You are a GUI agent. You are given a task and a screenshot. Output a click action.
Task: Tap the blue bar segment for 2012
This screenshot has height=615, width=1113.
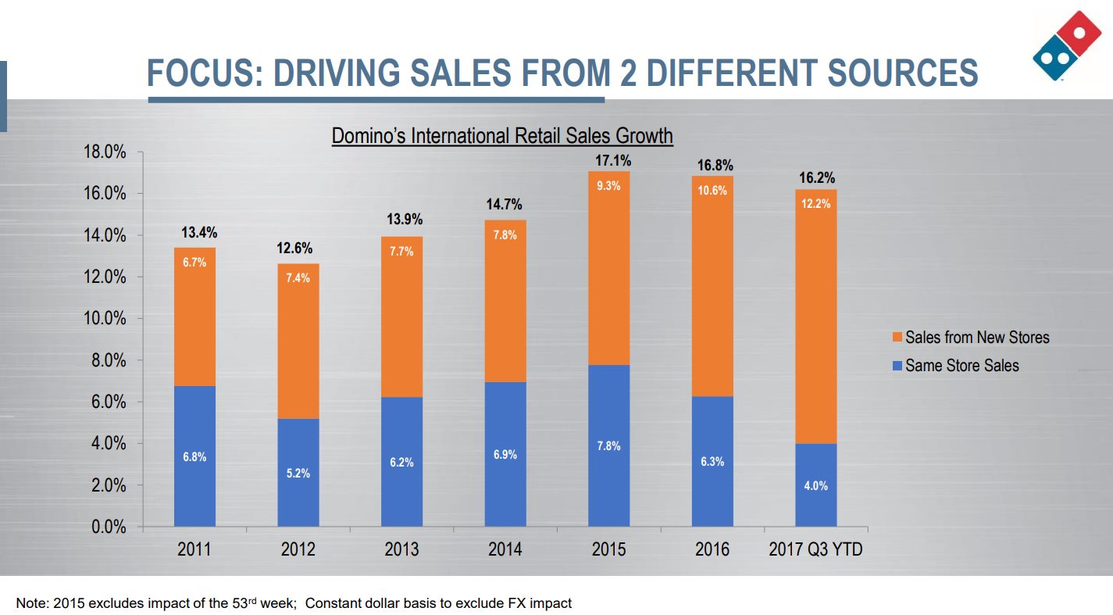(x=298, y=472)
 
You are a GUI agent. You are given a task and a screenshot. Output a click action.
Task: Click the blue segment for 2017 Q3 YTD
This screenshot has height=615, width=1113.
(x=816, y=484)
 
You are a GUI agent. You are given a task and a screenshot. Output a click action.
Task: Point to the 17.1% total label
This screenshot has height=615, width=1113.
(x=608, y=160)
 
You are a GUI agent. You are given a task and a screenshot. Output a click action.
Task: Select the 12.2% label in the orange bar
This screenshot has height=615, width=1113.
(x=816, y=204)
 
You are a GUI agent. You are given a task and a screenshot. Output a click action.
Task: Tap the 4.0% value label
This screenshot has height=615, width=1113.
(x=816, y=485)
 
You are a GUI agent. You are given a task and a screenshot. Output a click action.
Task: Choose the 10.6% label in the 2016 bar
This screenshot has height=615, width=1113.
(x=712, y=191)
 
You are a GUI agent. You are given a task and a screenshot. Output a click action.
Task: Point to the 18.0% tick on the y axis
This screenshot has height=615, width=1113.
(x=105, y=152)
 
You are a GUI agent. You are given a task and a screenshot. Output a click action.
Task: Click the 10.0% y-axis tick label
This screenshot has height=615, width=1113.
(x=105, y=319)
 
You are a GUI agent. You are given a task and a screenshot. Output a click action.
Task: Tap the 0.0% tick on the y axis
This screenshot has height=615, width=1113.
(x=109, y=527)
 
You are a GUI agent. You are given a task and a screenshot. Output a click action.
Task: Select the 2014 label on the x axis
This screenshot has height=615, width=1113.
(x=505, y=549)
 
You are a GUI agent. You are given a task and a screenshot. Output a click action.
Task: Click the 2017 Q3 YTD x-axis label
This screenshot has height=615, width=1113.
(x=816, y=549)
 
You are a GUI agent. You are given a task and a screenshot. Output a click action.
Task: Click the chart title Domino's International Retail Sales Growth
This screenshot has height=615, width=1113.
(x=502, y=136)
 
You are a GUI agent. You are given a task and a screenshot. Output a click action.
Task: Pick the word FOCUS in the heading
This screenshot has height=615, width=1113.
(x=196, y=73)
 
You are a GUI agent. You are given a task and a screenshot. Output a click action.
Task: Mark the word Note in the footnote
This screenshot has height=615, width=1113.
(x=29, y=603)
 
